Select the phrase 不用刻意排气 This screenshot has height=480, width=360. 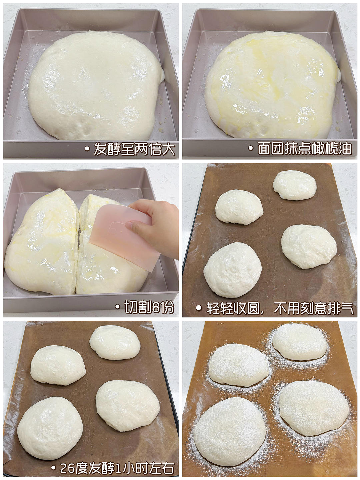313,309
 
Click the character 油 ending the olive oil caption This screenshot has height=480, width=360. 345,149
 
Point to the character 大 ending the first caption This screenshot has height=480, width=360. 168,149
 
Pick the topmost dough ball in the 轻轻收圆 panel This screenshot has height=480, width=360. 295,185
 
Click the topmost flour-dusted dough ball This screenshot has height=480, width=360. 299,342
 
